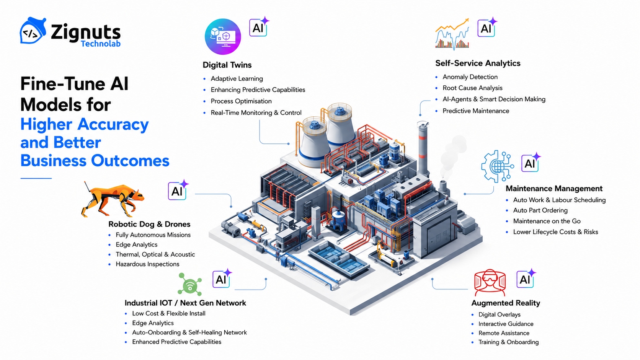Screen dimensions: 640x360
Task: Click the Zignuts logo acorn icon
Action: pyautogui.click(x=33, y=31)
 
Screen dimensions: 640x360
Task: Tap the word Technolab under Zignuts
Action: pyautogui.click(x=101, y=44)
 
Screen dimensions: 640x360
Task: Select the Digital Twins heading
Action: pyautogui.click(x=227, y=65)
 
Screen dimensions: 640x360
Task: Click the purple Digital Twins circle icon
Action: pyautogui.click(x=223, y=37)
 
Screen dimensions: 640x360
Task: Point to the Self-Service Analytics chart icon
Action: pyautogui.click(x=452, y=34)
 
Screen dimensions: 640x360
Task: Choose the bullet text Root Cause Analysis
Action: pyautogui.click(x=473, y=88)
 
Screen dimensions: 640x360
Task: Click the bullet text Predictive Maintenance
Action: pyautogui.click(x=476, y=111)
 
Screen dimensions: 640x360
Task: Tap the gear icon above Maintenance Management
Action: pyautogui.click(x=497, y=166)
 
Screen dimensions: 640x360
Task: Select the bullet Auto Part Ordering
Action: pyautogui.click(x=540, y=210)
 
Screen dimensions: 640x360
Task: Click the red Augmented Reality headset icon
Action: pyautogui.click(x=490, y=282)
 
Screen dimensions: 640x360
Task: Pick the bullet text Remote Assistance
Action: pyautogui.click(x=504, y=333)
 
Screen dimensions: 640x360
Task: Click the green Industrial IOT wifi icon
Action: pyautogui.click(x=190, y=284)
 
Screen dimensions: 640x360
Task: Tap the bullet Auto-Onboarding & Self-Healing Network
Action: pyautogui.click(x=189, y=332)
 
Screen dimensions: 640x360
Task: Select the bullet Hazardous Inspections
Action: pyautogui.click(x=147, y=264)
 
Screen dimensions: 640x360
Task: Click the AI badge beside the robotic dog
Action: pyautogui.click(x=178, y=191)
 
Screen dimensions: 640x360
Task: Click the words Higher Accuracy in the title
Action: pyautogui.click(x=85, y=124)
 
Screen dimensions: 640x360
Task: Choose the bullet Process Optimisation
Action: pyautogui.click(x=241, y=101)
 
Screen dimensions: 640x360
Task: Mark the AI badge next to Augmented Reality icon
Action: pyautogui.click(x=526, y=279)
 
